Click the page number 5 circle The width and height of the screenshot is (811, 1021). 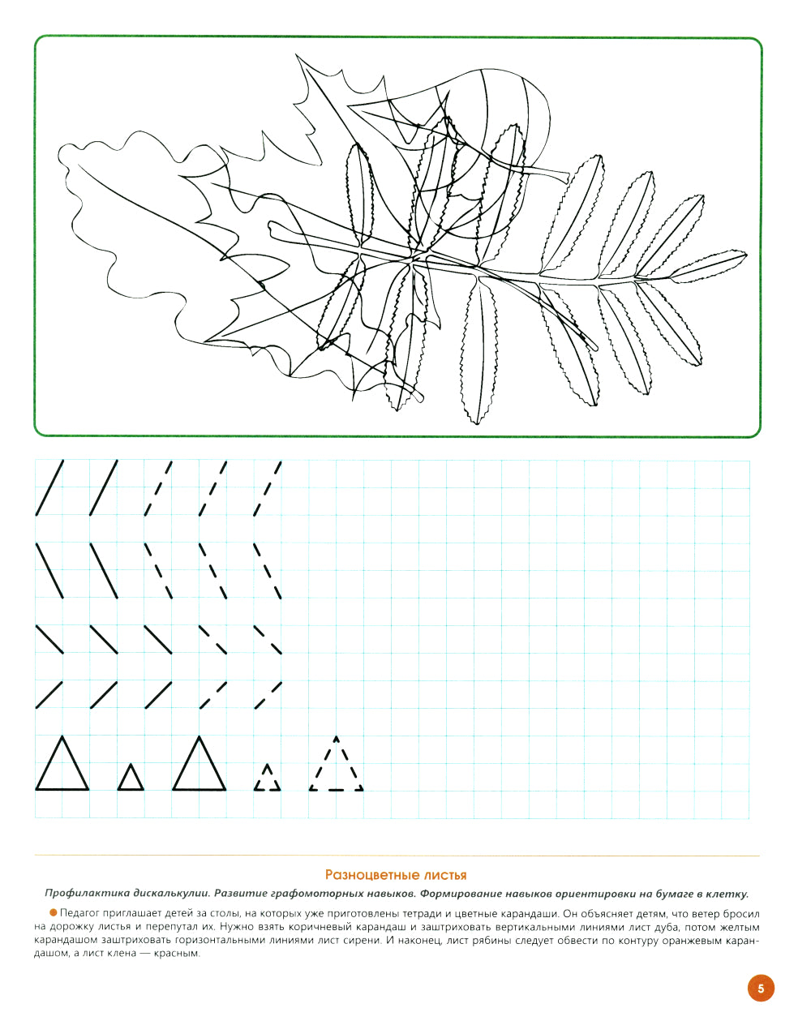point(761,989)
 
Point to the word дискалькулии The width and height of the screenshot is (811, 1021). point(169,894)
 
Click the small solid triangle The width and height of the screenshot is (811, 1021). point(131,778)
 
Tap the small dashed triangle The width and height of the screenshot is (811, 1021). point(268,778)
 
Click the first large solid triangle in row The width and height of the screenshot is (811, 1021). point(62,765)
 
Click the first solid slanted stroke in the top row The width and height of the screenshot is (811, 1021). point(49,487)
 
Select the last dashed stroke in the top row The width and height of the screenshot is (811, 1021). point(268,487)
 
